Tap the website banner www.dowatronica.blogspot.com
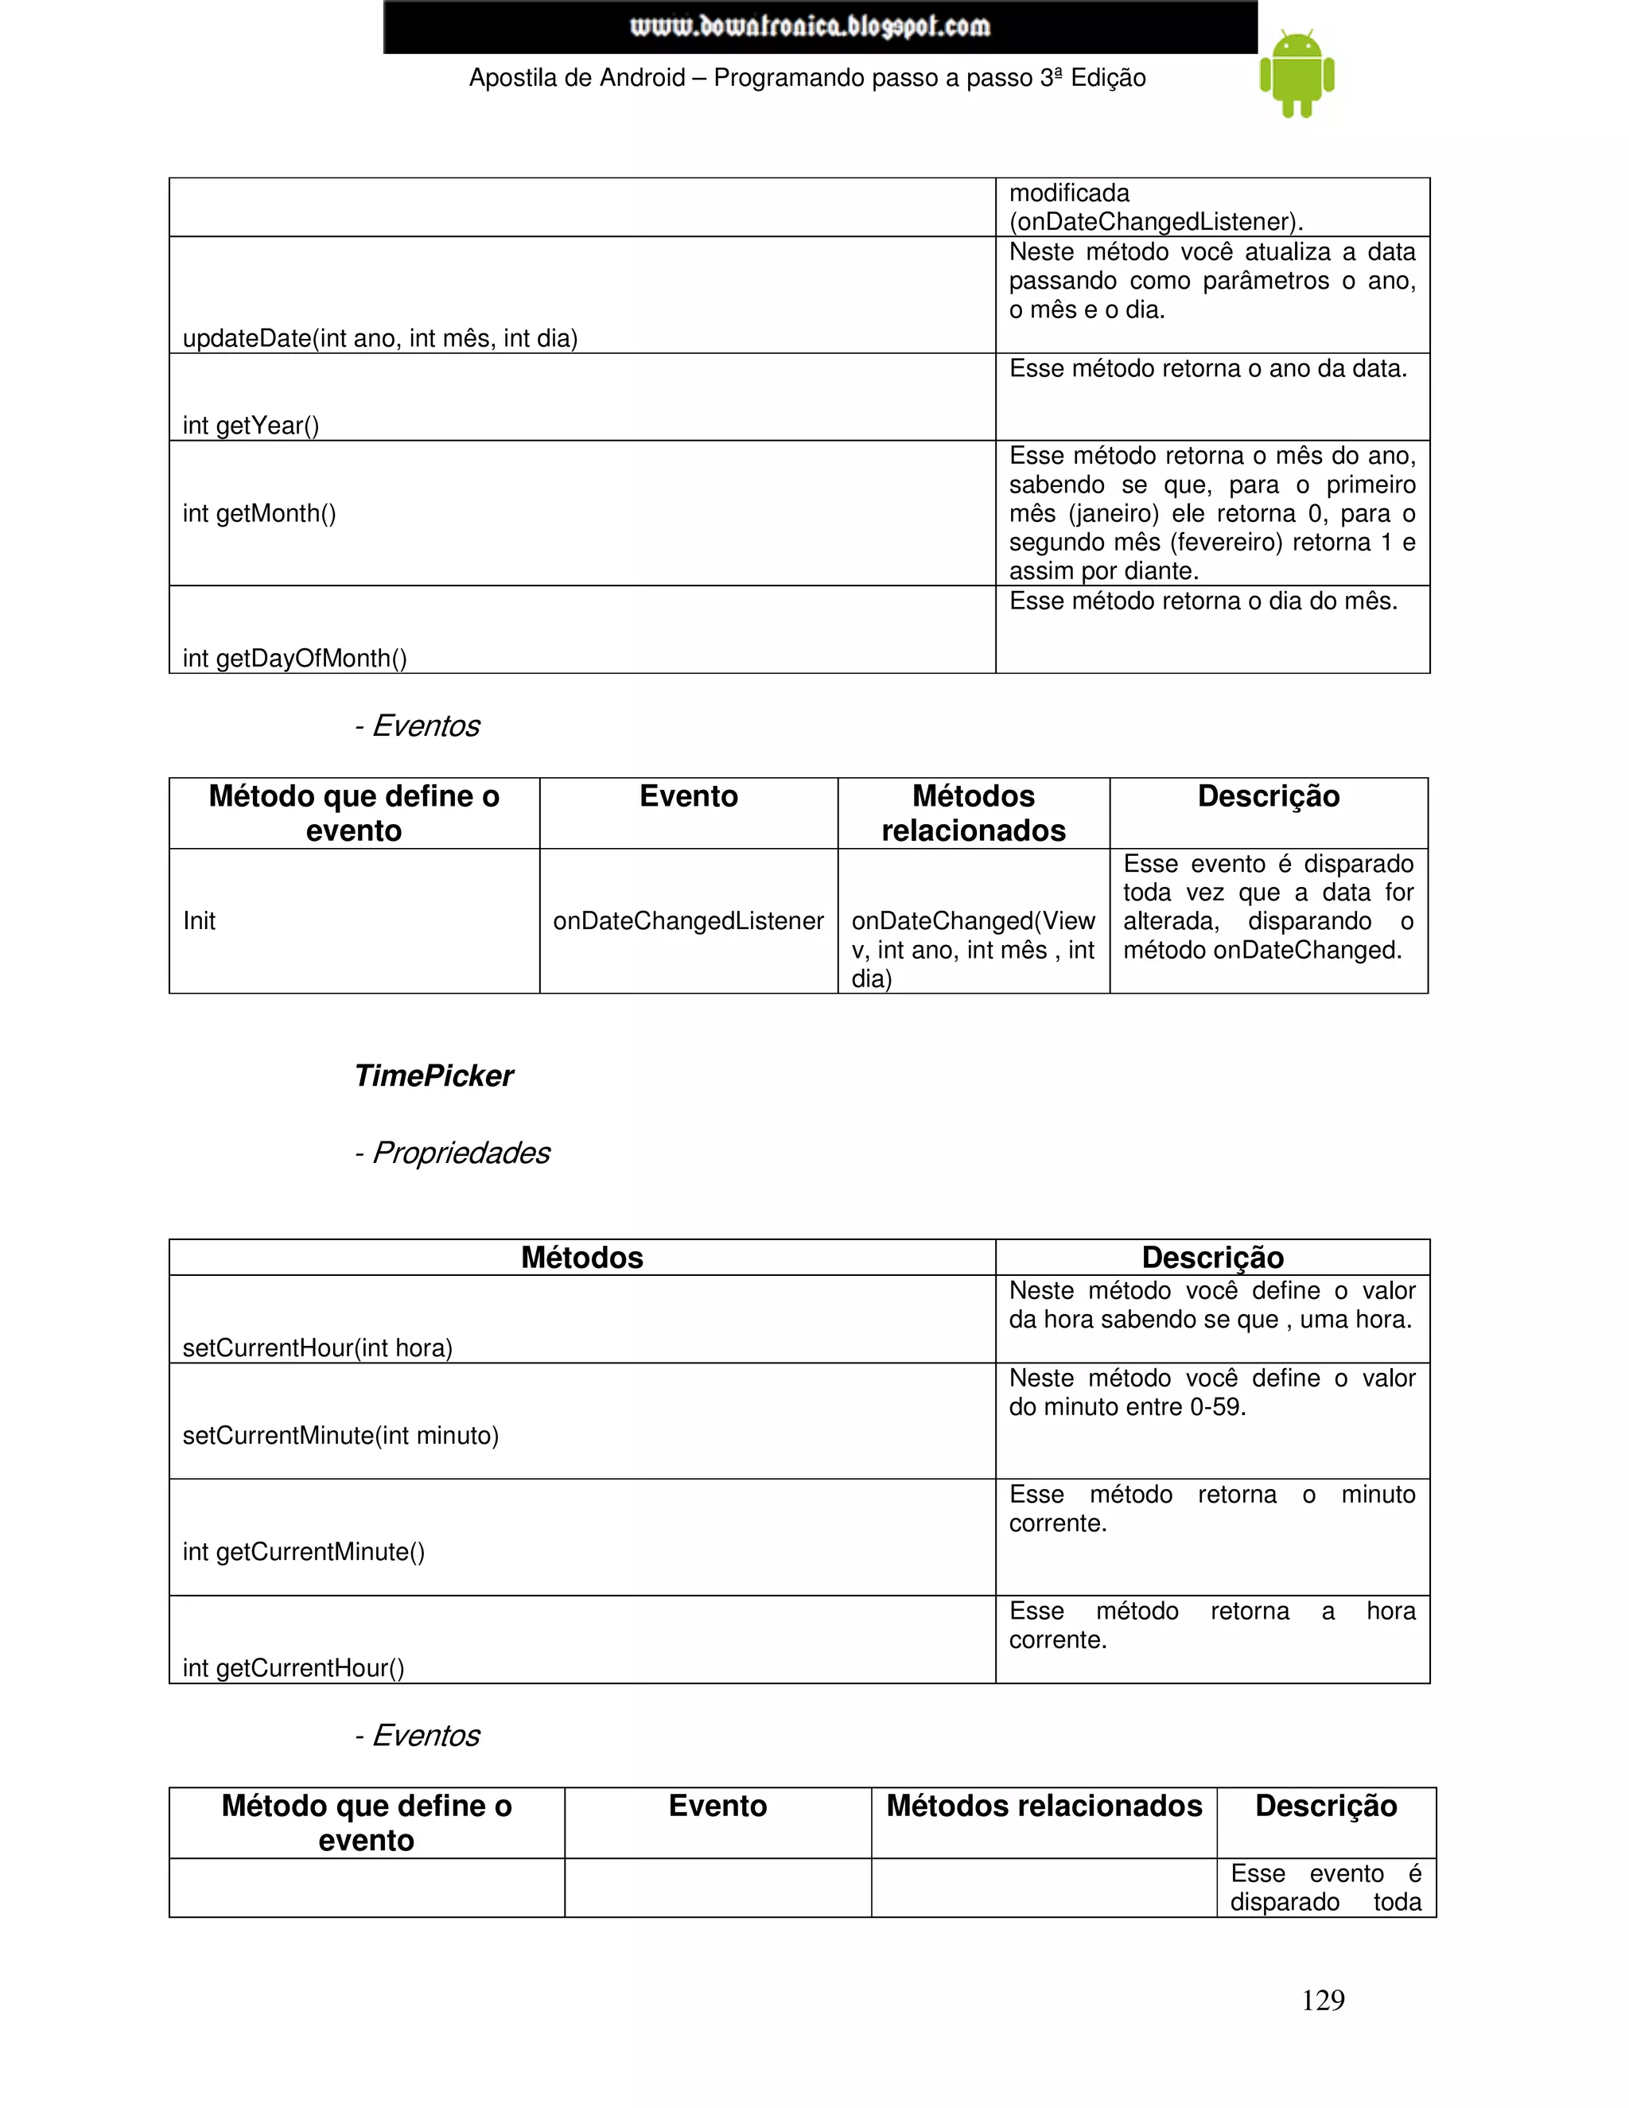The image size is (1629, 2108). tap(819, 26)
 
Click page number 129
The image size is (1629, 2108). tap(1322, 1999)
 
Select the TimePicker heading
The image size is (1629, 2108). tap(433, 1075)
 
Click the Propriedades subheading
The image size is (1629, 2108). tap(452, 1153)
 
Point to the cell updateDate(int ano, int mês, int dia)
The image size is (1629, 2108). tap(380, 338)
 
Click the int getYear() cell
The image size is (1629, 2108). tap(251, 426)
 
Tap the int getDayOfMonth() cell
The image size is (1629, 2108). tap(294, 659)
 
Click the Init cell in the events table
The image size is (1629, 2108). tap(200, 921)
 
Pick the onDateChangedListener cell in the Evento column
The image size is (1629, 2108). tap(688, 921)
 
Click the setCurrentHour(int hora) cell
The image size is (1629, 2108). tap(317, 1348)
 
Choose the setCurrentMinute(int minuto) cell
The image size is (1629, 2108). tap(340, 1435)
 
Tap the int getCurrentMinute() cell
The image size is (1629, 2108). tap(304, 1551)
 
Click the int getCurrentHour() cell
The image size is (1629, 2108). tap(294, 1668)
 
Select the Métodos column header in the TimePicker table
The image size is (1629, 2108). tap(582, 1258)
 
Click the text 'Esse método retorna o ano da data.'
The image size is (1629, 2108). tap(1207, 369)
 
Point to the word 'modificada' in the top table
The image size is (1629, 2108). tap(1069, 193)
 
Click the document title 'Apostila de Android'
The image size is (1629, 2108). tap(577, 78)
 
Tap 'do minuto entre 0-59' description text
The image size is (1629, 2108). tap(1127, 1407)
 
